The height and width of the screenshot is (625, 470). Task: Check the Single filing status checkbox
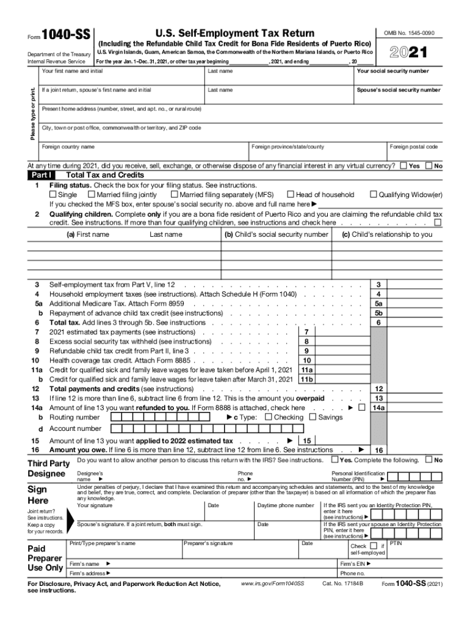[53, 195]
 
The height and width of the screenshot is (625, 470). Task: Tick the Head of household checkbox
[291, 195]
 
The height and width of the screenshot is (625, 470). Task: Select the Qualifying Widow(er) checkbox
[374, 195]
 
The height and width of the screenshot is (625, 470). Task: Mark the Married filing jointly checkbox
[92, 195]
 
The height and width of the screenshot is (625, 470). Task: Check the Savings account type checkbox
[313, 417]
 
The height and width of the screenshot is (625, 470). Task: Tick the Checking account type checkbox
[269, 417]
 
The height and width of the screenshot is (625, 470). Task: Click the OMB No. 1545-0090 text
[409, 33]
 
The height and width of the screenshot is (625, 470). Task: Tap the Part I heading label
[41, 175]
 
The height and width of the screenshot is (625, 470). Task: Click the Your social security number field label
[398, 71]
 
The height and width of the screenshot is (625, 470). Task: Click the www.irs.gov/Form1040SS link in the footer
[272, 584]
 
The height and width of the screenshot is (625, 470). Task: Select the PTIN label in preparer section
[396, 543]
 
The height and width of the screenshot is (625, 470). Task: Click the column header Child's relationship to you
[387, 234]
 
